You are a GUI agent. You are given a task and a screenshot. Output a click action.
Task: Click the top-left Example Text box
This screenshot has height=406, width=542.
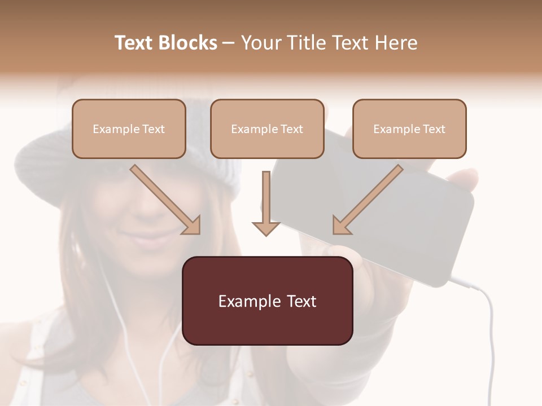tap(129, 129)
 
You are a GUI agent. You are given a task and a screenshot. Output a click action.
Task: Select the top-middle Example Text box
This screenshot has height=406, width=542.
tap(267, 129)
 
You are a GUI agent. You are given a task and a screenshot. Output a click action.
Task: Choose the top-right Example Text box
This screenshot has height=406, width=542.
tap(409, 129)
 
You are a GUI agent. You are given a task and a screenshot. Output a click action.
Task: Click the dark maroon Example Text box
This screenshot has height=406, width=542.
tap(267, 301)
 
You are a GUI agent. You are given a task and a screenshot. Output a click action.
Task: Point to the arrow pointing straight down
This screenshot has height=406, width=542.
tap(266, 203)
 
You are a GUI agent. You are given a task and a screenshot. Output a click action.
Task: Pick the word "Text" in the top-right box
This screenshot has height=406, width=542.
tap(434, 129)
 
